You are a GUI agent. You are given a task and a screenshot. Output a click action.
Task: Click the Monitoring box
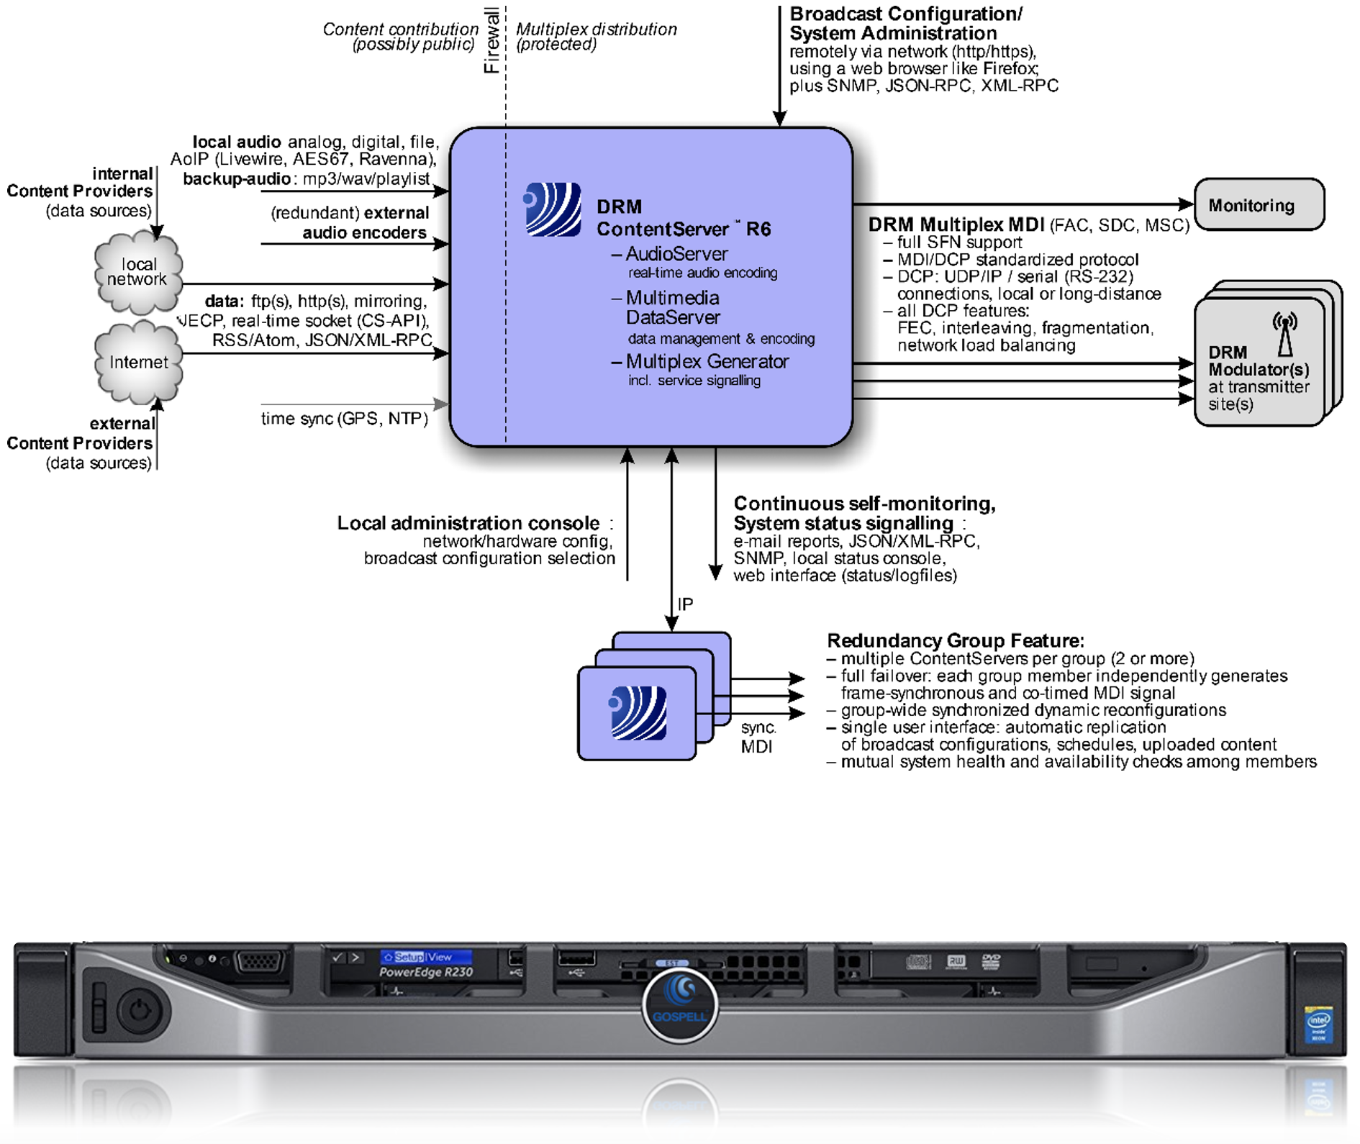(1259, 205)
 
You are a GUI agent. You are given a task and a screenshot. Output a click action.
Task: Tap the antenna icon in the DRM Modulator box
(1284, 334)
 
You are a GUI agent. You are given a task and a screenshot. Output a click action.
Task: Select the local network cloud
(137, 273)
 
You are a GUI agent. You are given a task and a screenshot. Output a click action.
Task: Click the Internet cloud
(138, 362)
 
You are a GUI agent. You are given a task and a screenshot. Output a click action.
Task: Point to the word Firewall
(491, 40)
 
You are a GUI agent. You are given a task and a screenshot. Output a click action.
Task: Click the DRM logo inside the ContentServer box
(553, 209)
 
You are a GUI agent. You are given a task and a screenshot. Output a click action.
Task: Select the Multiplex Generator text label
(707, 361)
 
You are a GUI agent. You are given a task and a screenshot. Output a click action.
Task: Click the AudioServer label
(676, 254)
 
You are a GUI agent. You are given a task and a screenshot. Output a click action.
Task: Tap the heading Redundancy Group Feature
(955, 640)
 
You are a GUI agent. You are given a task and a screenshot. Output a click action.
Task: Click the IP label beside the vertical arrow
(685, 604)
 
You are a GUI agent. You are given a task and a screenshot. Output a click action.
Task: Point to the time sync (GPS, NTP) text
(344, 419)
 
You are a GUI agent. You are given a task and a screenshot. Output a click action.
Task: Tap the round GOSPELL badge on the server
(679, 1004)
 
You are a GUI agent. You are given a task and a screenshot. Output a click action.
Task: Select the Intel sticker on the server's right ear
(1318, 1025)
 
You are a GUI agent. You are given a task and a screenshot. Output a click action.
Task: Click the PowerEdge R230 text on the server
(426, 972)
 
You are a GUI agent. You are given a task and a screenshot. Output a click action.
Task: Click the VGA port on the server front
(260, 961)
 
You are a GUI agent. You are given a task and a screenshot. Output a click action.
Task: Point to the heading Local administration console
(468, 523)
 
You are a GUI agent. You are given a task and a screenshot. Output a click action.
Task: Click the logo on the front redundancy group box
(638, 713)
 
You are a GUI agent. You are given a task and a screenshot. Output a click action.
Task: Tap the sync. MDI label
(758, 737)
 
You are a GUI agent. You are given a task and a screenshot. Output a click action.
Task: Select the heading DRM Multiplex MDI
(956, 224)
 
